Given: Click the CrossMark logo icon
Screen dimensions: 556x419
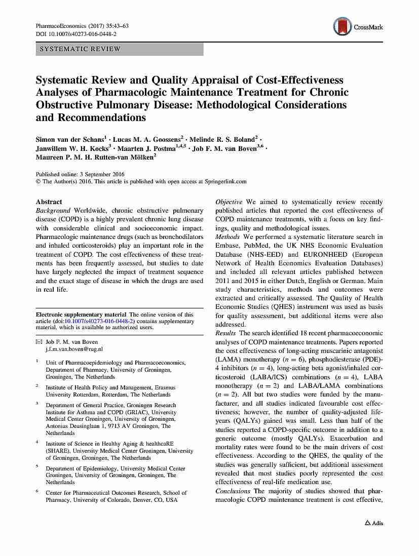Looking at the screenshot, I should click(342, 26).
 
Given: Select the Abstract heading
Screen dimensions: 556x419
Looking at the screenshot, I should click(49, 202).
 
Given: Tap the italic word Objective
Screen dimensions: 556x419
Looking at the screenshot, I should click(228, 202).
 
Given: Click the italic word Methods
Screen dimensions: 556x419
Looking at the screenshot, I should click(227, 237).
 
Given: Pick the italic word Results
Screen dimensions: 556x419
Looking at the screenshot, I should click(225, 333).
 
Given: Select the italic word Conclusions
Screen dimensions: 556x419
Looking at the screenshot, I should click(233, 491).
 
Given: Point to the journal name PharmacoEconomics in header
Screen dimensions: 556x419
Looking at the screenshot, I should click(61, 25).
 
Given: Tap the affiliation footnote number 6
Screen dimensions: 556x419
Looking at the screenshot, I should click(37, 491).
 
